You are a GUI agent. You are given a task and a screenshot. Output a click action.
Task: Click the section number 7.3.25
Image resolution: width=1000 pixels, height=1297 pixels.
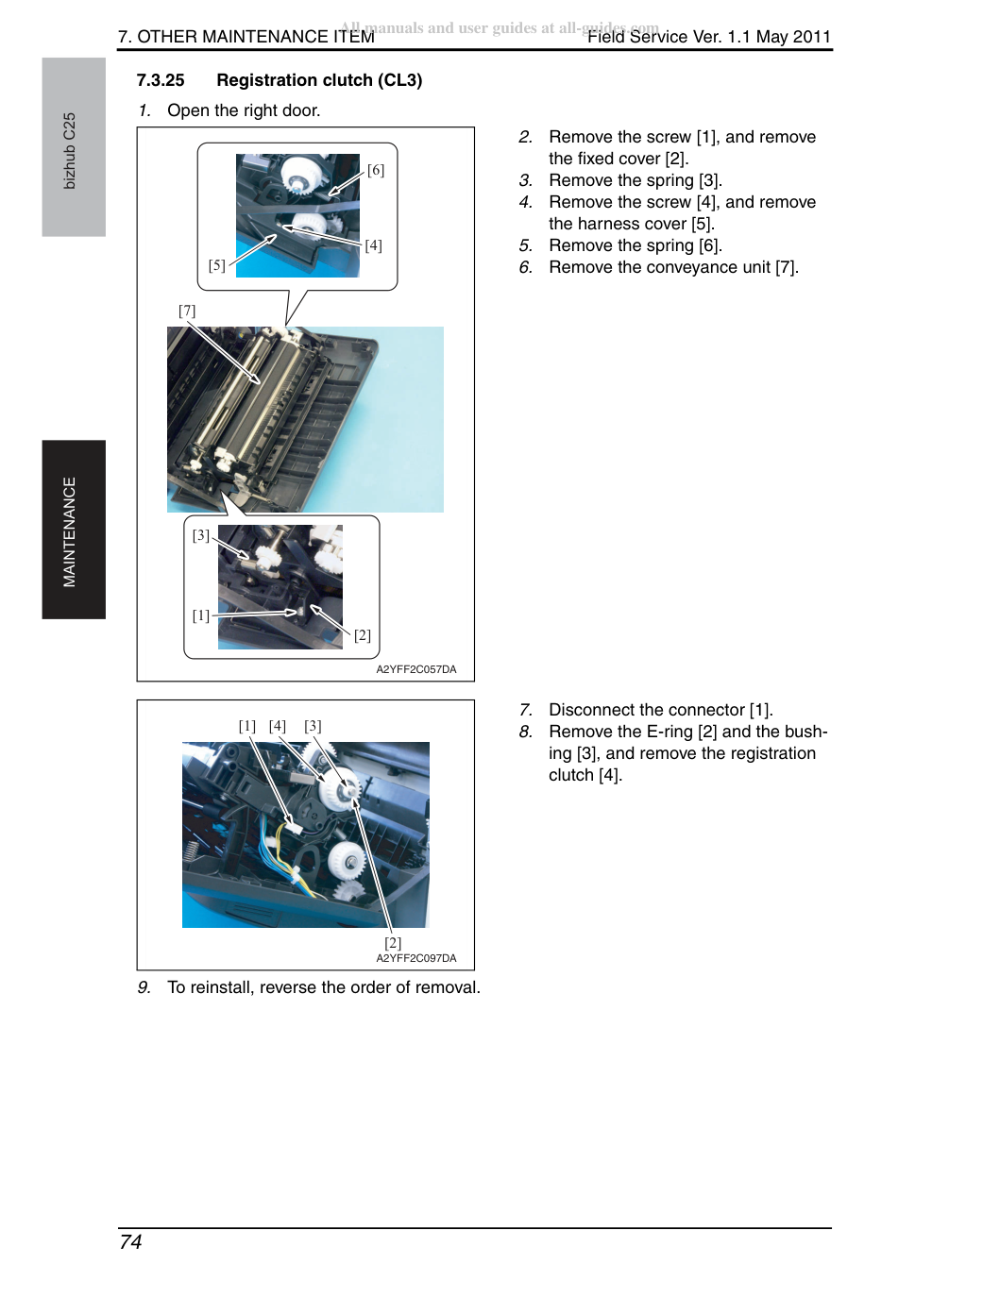(x=160, y=80)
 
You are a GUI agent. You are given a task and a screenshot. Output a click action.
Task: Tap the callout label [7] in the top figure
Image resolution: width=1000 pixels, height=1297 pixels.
(x=187, y=311)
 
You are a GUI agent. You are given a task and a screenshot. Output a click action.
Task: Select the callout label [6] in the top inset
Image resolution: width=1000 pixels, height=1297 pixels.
(x=376, y=170)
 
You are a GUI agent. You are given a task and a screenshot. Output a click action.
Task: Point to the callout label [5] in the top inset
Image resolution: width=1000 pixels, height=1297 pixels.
(x=217, y=265)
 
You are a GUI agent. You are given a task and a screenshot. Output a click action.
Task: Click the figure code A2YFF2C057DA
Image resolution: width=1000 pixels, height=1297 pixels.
(x=416, y=669)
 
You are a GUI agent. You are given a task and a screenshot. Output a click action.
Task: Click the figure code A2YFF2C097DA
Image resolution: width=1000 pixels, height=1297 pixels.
(x=416, y=958)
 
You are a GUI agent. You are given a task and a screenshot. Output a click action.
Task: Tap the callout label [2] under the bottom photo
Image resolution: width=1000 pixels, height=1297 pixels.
(x=393, y=943)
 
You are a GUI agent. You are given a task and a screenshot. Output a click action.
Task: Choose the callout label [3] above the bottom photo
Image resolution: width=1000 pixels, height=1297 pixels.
(x=313, y=726)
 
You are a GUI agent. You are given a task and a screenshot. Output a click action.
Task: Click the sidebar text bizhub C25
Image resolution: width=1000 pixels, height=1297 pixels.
(x=70, y=151)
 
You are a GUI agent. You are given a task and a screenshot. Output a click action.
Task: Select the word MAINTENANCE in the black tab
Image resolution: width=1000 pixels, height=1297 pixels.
(x=70, y=531)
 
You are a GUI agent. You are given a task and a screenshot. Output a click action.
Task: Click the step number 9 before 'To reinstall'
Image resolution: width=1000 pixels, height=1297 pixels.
(x=144, y=987)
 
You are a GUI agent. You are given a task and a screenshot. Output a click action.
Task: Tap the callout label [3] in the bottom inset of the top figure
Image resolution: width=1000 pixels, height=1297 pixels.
(x=200, y=535)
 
